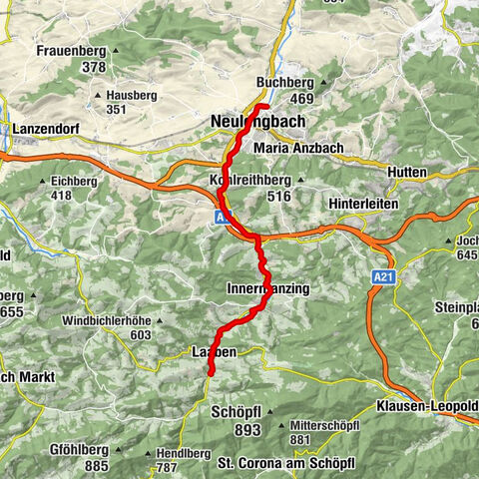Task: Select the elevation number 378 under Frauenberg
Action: (x=94, y=67)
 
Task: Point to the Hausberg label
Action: (x=131, y=95)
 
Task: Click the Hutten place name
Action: (x=405, y=173)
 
